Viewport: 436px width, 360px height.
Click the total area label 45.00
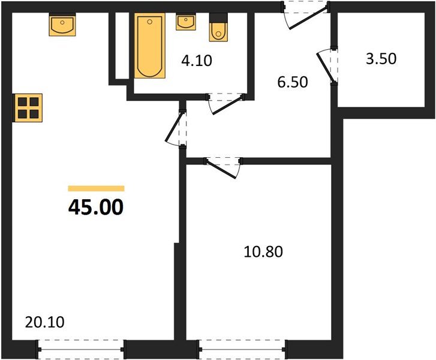(96, 207)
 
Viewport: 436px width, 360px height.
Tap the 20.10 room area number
(45, 322)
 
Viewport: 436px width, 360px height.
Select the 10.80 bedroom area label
(263, 251)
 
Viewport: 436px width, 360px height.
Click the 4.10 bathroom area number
(197, 60)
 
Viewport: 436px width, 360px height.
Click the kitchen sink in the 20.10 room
(62, 26)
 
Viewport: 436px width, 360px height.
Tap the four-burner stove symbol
(29, 108)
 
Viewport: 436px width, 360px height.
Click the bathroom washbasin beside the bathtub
(185, 22)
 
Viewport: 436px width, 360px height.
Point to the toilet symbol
(218, 30)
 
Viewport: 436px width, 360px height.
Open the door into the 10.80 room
(223, 166)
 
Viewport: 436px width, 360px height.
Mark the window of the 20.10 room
(82, 348)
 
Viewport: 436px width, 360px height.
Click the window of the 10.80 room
(242, 348)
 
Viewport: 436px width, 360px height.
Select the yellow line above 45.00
(96, 188)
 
